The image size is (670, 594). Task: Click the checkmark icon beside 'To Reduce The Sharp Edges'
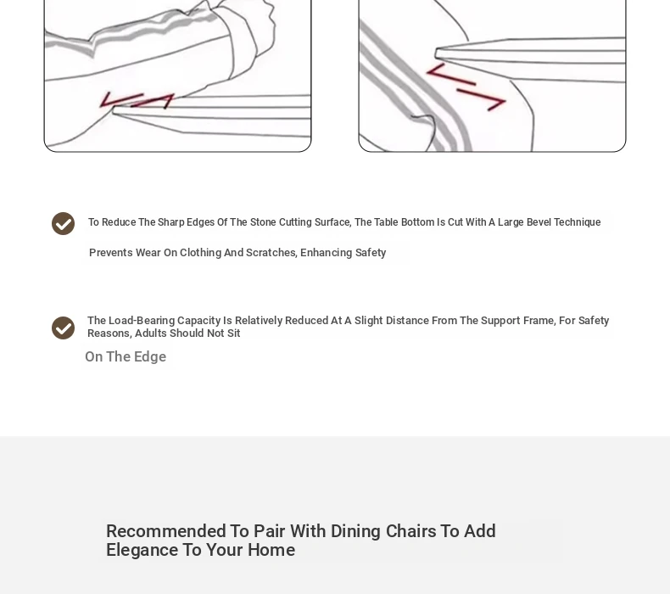click(x=64, y=224)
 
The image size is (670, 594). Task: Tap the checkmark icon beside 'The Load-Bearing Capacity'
click(x=64, y=328)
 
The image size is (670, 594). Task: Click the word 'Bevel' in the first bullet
click(x=539, y=222)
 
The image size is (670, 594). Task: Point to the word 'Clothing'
click(x=200, y=253)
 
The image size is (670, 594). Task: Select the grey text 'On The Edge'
click(x=126, y=356)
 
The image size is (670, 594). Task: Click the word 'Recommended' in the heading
click(x=166, y=531)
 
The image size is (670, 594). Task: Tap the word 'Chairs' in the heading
click(x=410, y=531)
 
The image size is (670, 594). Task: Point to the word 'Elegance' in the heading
click(x=142, y=550)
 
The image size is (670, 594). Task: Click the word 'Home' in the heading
click(x=271, y=550)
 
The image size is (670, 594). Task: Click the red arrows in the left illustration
click(x=137, y=100)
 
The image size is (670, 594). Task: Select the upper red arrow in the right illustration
click(x=451, y=75)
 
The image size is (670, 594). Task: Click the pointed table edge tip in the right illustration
click(x=436, y=53)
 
